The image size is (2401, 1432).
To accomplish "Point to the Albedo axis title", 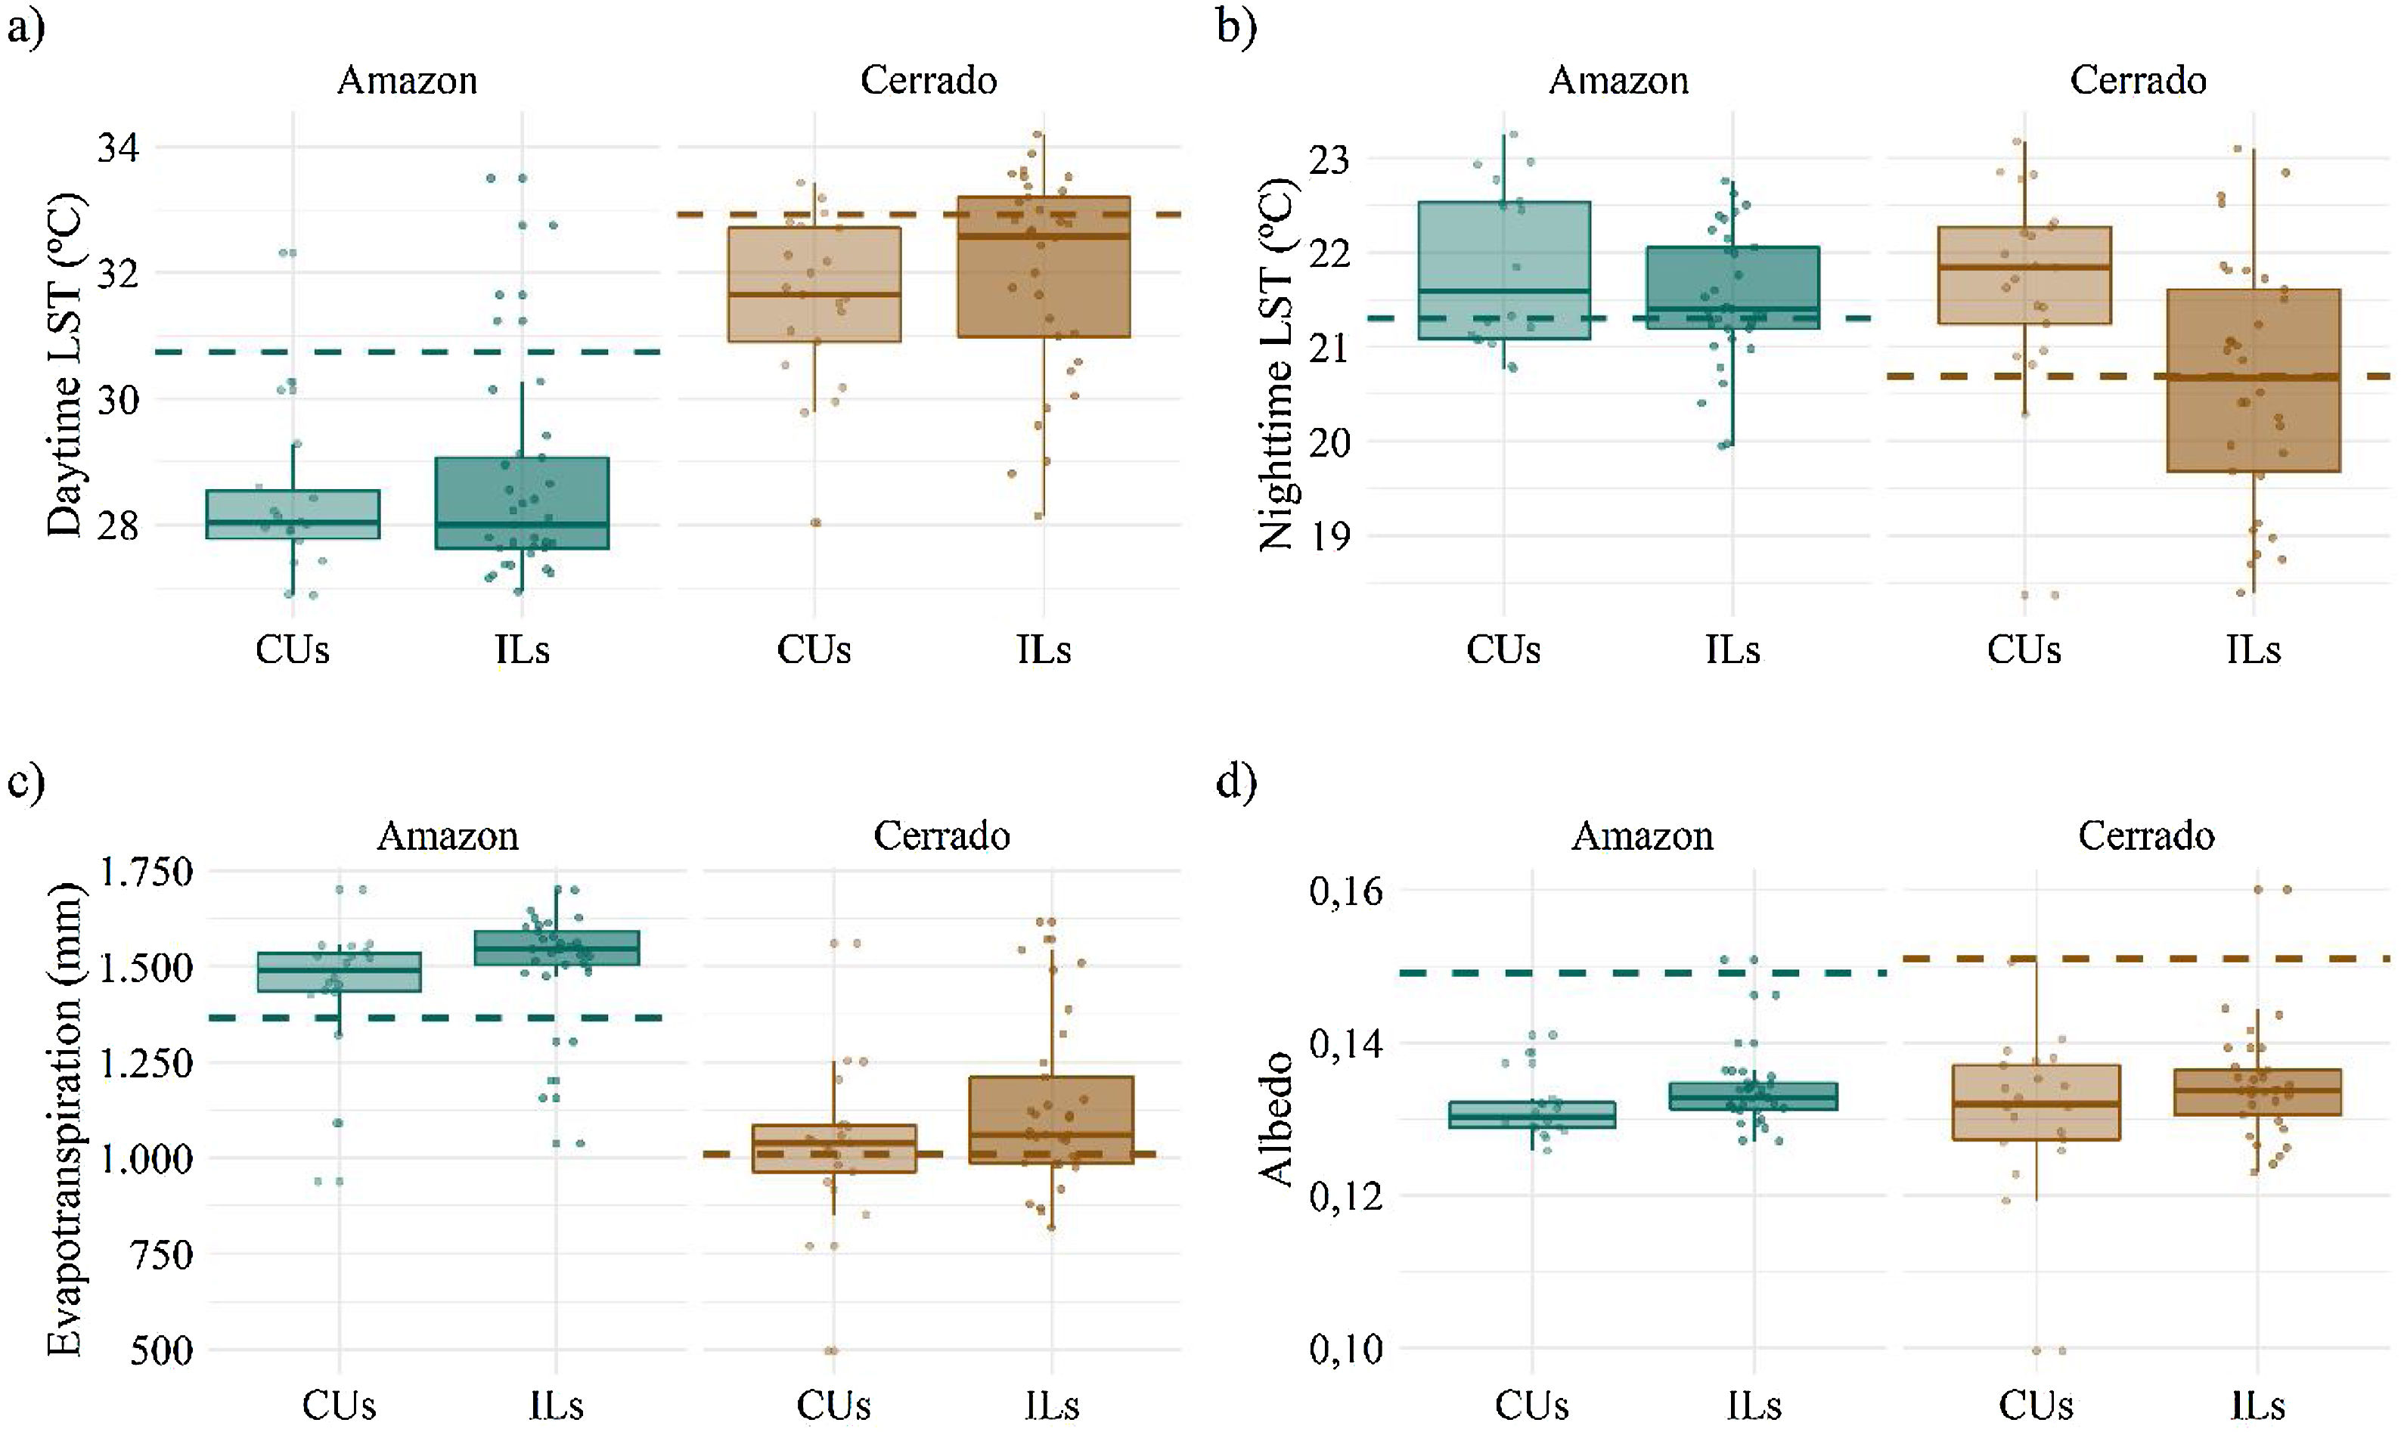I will click(x=1276, y=1119).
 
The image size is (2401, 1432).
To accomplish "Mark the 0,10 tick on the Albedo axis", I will click(x=1345, y=1349).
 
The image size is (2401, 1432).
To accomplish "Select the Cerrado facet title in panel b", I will click(x=2138, y=80).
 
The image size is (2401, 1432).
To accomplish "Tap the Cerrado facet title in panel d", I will click(x=2145, y=835).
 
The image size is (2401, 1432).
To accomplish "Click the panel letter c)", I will click(x=25, y=781).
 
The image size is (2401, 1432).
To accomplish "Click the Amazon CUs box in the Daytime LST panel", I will click(x=293, y=513).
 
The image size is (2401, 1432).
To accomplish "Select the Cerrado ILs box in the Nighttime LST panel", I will click(x=2254, y=380).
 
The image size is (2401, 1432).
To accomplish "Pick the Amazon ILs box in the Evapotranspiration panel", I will click(x=556, y=947).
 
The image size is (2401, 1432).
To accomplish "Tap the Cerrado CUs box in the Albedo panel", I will click(x=2037, y=1102).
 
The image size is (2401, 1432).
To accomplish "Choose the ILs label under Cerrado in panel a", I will click(x=1043, y=650).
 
